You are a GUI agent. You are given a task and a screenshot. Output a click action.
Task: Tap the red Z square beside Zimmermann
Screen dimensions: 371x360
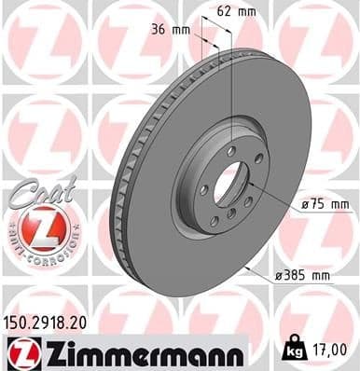pos(18,352)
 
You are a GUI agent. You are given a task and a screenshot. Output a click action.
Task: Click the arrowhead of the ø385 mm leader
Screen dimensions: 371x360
pos(246,267)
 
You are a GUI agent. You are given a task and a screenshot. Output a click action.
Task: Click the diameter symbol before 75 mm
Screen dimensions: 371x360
pos(304,203)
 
